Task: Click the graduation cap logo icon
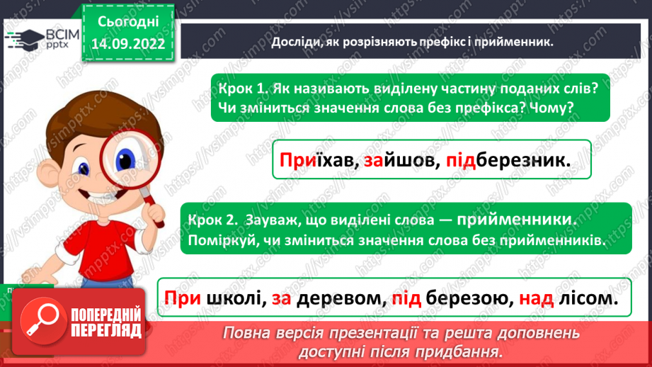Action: [22, 38]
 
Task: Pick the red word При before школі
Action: [182, 299]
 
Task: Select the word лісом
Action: [586, 299]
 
